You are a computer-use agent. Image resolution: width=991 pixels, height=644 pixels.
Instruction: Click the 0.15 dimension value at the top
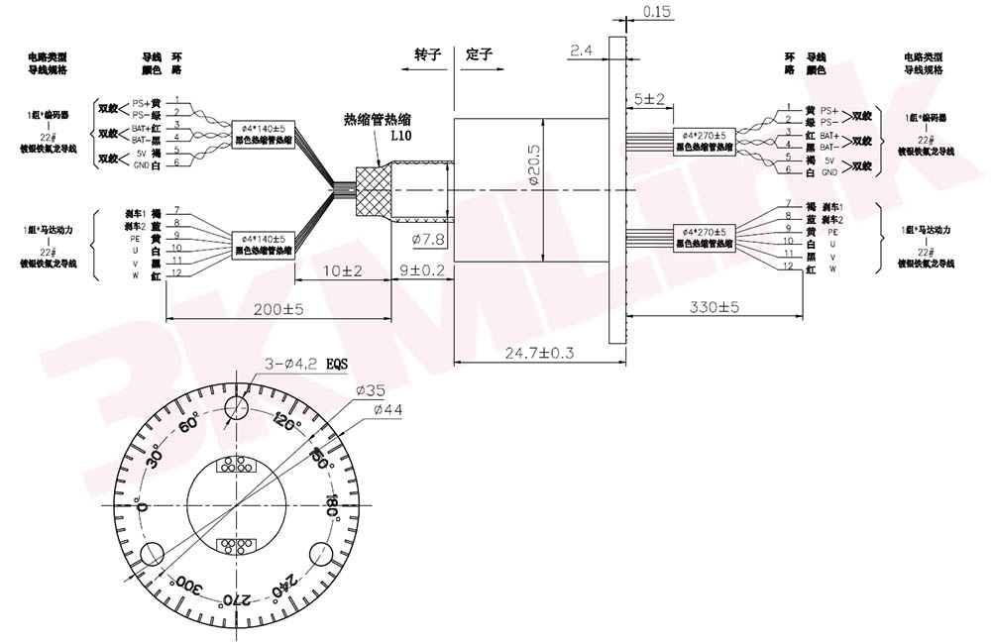(656, 12)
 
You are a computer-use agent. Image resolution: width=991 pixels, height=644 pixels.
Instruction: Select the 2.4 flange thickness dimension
(582, 48)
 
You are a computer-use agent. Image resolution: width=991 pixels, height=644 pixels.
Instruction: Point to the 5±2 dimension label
(648, 98)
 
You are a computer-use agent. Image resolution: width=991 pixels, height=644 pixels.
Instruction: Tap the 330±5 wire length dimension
(715, 308)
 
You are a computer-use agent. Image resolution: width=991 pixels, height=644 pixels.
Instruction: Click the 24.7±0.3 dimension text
(540, 352)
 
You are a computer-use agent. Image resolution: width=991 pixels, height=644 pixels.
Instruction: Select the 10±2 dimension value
(342, 270)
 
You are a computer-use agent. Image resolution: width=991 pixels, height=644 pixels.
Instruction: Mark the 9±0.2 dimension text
(422, 270)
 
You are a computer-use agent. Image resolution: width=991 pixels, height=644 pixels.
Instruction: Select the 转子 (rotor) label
(427, 54)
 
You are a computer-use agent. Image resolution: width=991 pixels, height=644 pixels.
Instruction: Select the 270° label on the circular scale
(229, 599)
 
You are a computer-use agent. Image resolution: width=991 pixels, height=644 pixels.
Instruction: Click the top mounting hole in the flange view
(236, 413)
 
